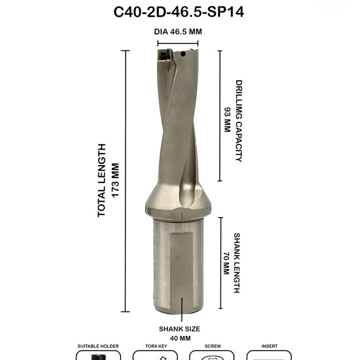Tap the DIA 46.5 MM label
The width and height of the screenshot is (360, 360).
pyautogui.click(x=177, y=32)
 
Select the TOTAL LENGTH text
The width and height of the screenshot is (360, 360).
pyautogui.click(x=102, y=180)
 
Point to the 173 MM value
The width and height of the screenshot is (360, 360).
pyautogui.click(x=116, y=180)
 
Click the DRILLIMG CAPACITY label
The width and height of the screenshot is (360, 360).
pyautogui.click(x=239, y=121)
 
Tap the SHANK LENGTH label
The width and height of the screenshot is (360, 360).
pyautogui.click(x=237, y=263)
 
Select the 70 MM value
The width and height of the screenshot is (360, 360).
pyautogui.click(x=226, y=263)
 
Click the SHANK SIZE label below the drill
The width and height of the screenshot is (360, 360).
pyautogui.click(x=179, y=329)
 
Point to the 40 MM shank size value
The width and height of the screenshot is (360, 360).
pyautogui.click(x=179, y=338)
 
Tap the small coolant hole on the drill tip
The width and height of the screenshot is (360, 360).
pyautogui.click(x=183, y=54)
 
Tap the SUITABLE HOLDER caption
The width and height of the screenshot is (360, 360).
pyautogui.click(x=98, y=347)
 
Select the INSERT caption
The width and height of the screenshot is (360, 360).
pyautogui.click(x=269, y=347)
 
